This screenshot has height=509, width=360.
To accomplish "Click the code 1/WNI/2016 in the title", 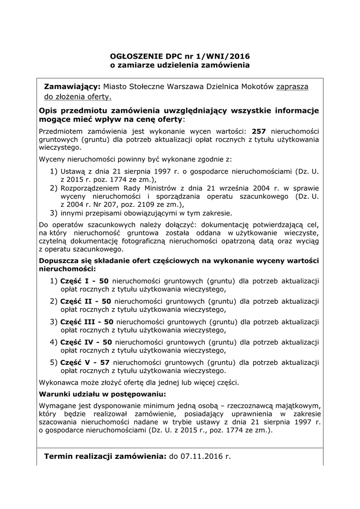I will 226,56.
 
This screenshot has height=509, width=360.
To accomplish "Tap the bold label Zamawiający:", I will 73,86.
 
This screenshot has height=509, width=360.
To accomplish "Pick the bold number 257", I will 260,131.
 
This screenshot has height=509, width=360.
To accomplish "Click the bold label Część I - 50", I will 87,281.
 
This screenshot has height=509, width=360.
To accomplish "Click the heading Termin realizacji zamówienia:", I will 105,456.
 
